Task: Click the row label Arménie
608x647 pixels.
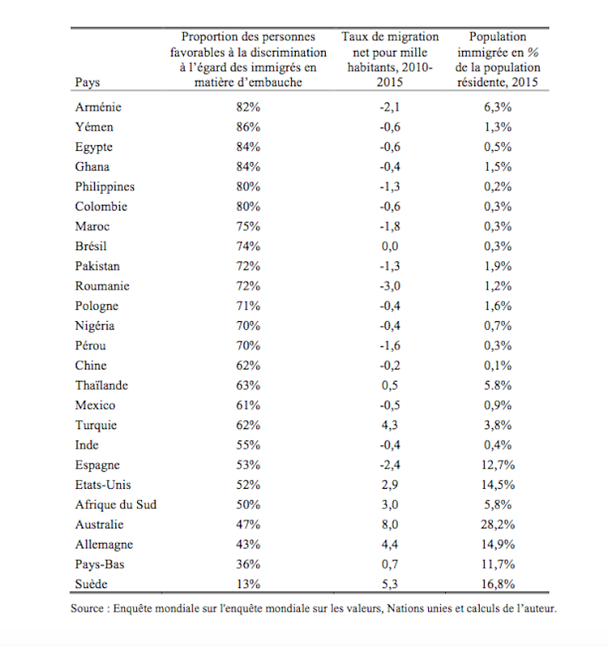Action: click(98, 107)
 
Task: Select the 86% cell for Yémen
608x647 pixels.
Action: click(249, 127)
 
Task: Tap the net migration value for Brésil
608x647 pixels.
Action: click(390, 246)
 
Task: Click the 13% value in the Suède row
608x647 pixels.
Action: click(249, 584)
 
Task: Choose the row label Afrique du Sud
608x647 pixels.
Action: click(115, 504)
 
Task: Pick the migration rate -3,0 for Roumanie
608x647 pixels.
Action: click(390, 286)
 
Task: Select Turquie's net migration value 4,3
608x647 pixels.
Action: click(390, 425)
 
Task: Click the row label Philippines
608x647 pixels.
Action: click(105, 186)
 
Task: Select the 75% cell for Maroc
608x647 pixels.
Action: click(249, 227)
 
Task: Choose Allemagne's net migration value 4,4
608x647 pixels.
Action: click(390, 545)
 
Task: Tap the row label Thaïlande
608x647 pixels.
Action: click(102, 385)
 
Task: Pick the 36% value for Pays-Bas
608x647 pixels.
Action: click(249, 564)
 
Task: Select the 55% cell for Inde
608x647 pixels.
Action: click(249, 445)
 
